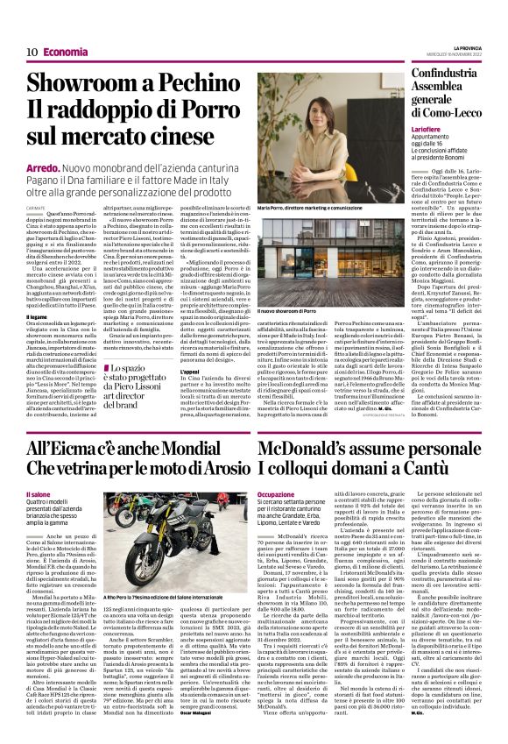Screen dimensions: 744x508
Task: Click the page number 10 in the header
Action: pyautogui.click(x=31, y=52)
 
